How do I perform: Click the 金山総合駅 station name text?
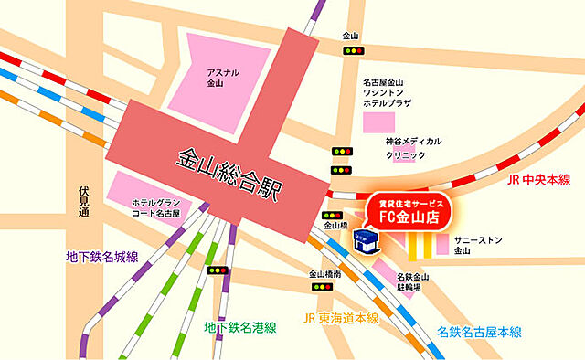[229, 173]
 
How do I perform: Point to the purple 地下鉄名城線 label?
[101, 257]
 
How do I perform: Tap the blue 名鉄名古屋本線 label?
[478, 331]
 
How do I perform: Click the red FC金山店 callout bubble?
[409, 212]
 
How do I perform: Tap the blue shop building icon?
[364, 243]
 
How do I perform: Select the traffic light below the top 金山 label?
[351, 51]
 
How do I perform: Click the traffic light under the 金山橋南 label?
[321, 287]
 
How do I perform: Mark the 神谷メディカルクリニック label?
[413, 148]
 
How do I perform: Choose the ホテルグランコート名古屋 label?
[156, 207]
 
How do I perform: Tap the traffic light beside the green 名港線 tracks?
[218, 270]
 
